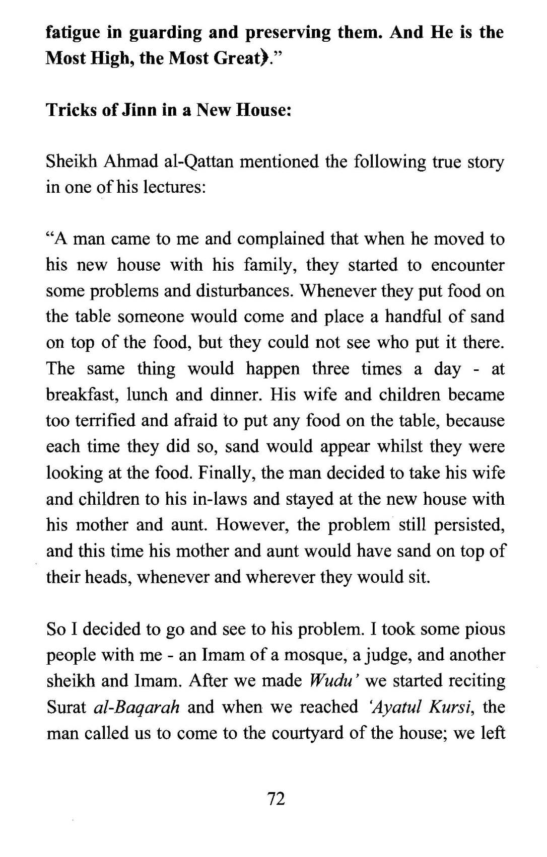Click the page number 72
(277, 798)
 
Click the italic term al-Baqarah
(136, 707)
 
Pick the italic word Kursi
(451, 707)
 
